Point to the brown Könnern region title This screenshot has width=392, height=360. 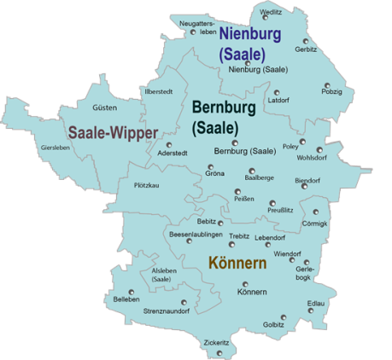pos(237,264)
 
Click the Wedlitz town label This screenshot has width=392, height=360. pos(272,12)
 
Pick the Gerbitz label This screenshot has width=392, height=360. pos(306,49)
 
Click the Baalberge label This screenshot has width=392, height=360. pos(259,177)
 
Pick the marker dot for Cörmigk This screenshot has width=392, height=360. pos(315,212)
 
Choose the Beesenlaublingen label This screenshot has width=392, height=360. pos(196,235)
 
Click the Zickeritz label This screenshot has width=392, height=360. pos(217,343)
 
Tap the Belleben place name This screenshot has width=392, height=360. pos(126,299)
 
